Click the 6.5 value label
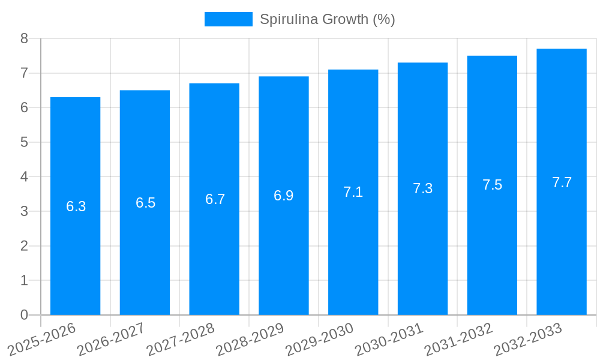pos(145,203)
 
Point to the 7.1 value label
pos(353,192)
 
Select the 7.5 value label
pos(492,185)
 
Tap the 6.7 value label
pos(215,199)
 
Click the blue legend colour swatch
pos(228,19)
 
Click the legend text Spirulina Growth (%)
pos(327,19)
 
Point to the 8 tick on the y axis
pos(24,38)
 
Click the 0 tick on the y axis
pos(24,315)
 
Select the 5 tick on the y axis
pos(24,142)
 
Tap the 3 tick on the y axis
pos(24,211)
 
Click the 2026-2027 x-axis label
pos(112,339)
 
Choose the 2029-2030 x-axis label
pos(320,339)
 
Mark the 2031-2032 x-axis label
pos(459,339)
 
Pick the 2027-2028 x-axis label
pos(181,339)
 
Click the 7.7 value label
pos(562,182)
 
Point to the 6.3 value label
pos(76,206)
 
